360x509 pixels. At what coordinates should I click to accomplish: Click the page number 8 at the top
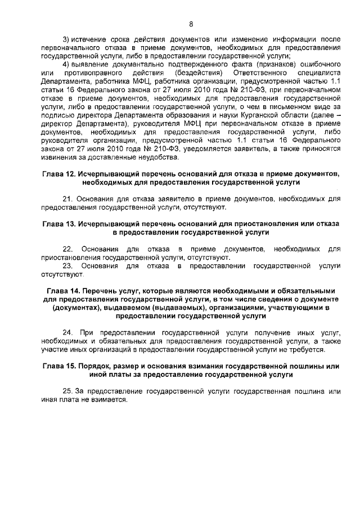191,24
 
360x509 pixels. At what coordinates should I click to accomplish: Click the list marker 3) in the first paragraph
66,39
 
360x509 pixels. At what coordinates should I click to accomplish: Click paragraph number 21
66,199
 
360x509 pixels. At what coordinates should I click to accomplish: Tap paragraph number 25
66,391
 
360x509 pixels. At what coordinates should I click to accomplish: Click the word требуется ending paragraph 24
308,351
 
